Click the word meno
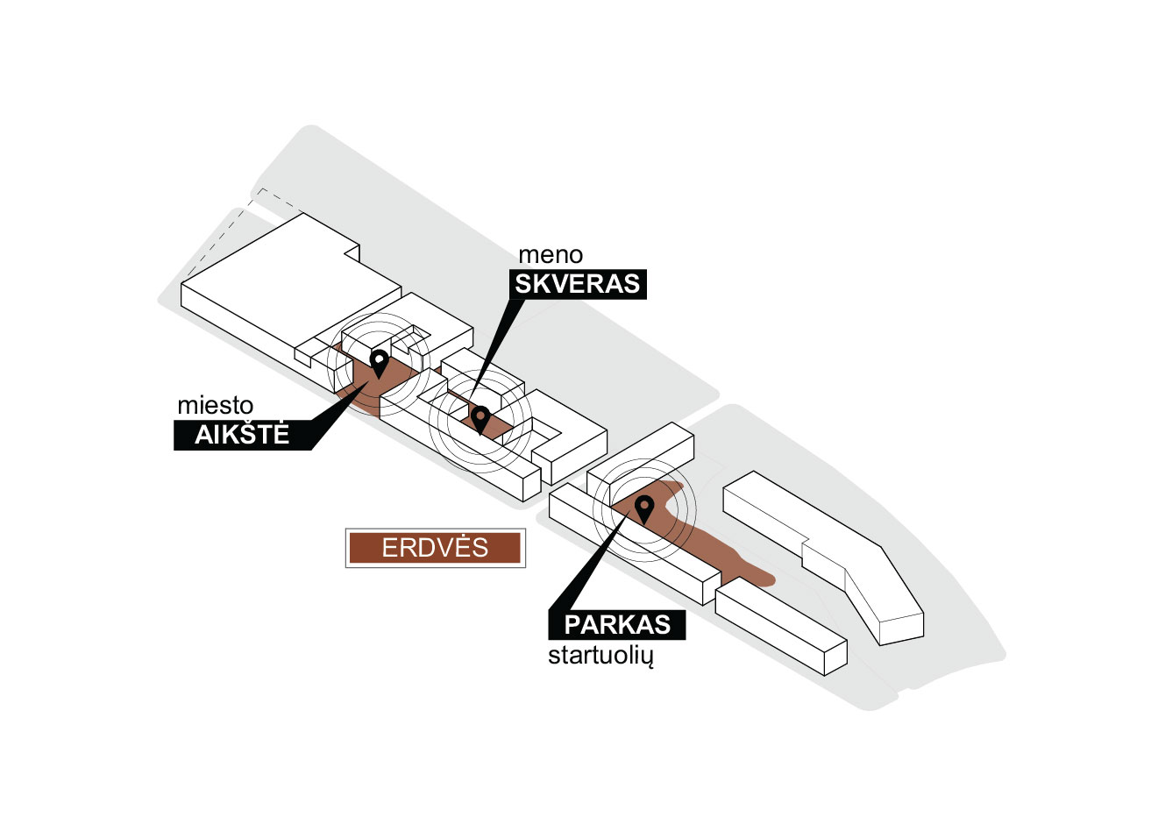tap(551, 255)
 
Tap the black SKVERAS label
tap(578, 284)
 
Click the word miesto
tap(215, 406)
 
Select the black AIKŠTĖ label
tap(243, 435)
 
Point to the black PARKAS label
tap(617, 624)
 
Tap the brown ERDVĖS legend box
tap(435, 548)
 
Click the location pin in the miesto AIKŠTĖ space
tap(380, 362)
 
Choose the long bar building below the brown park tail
tap(780, 629)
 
